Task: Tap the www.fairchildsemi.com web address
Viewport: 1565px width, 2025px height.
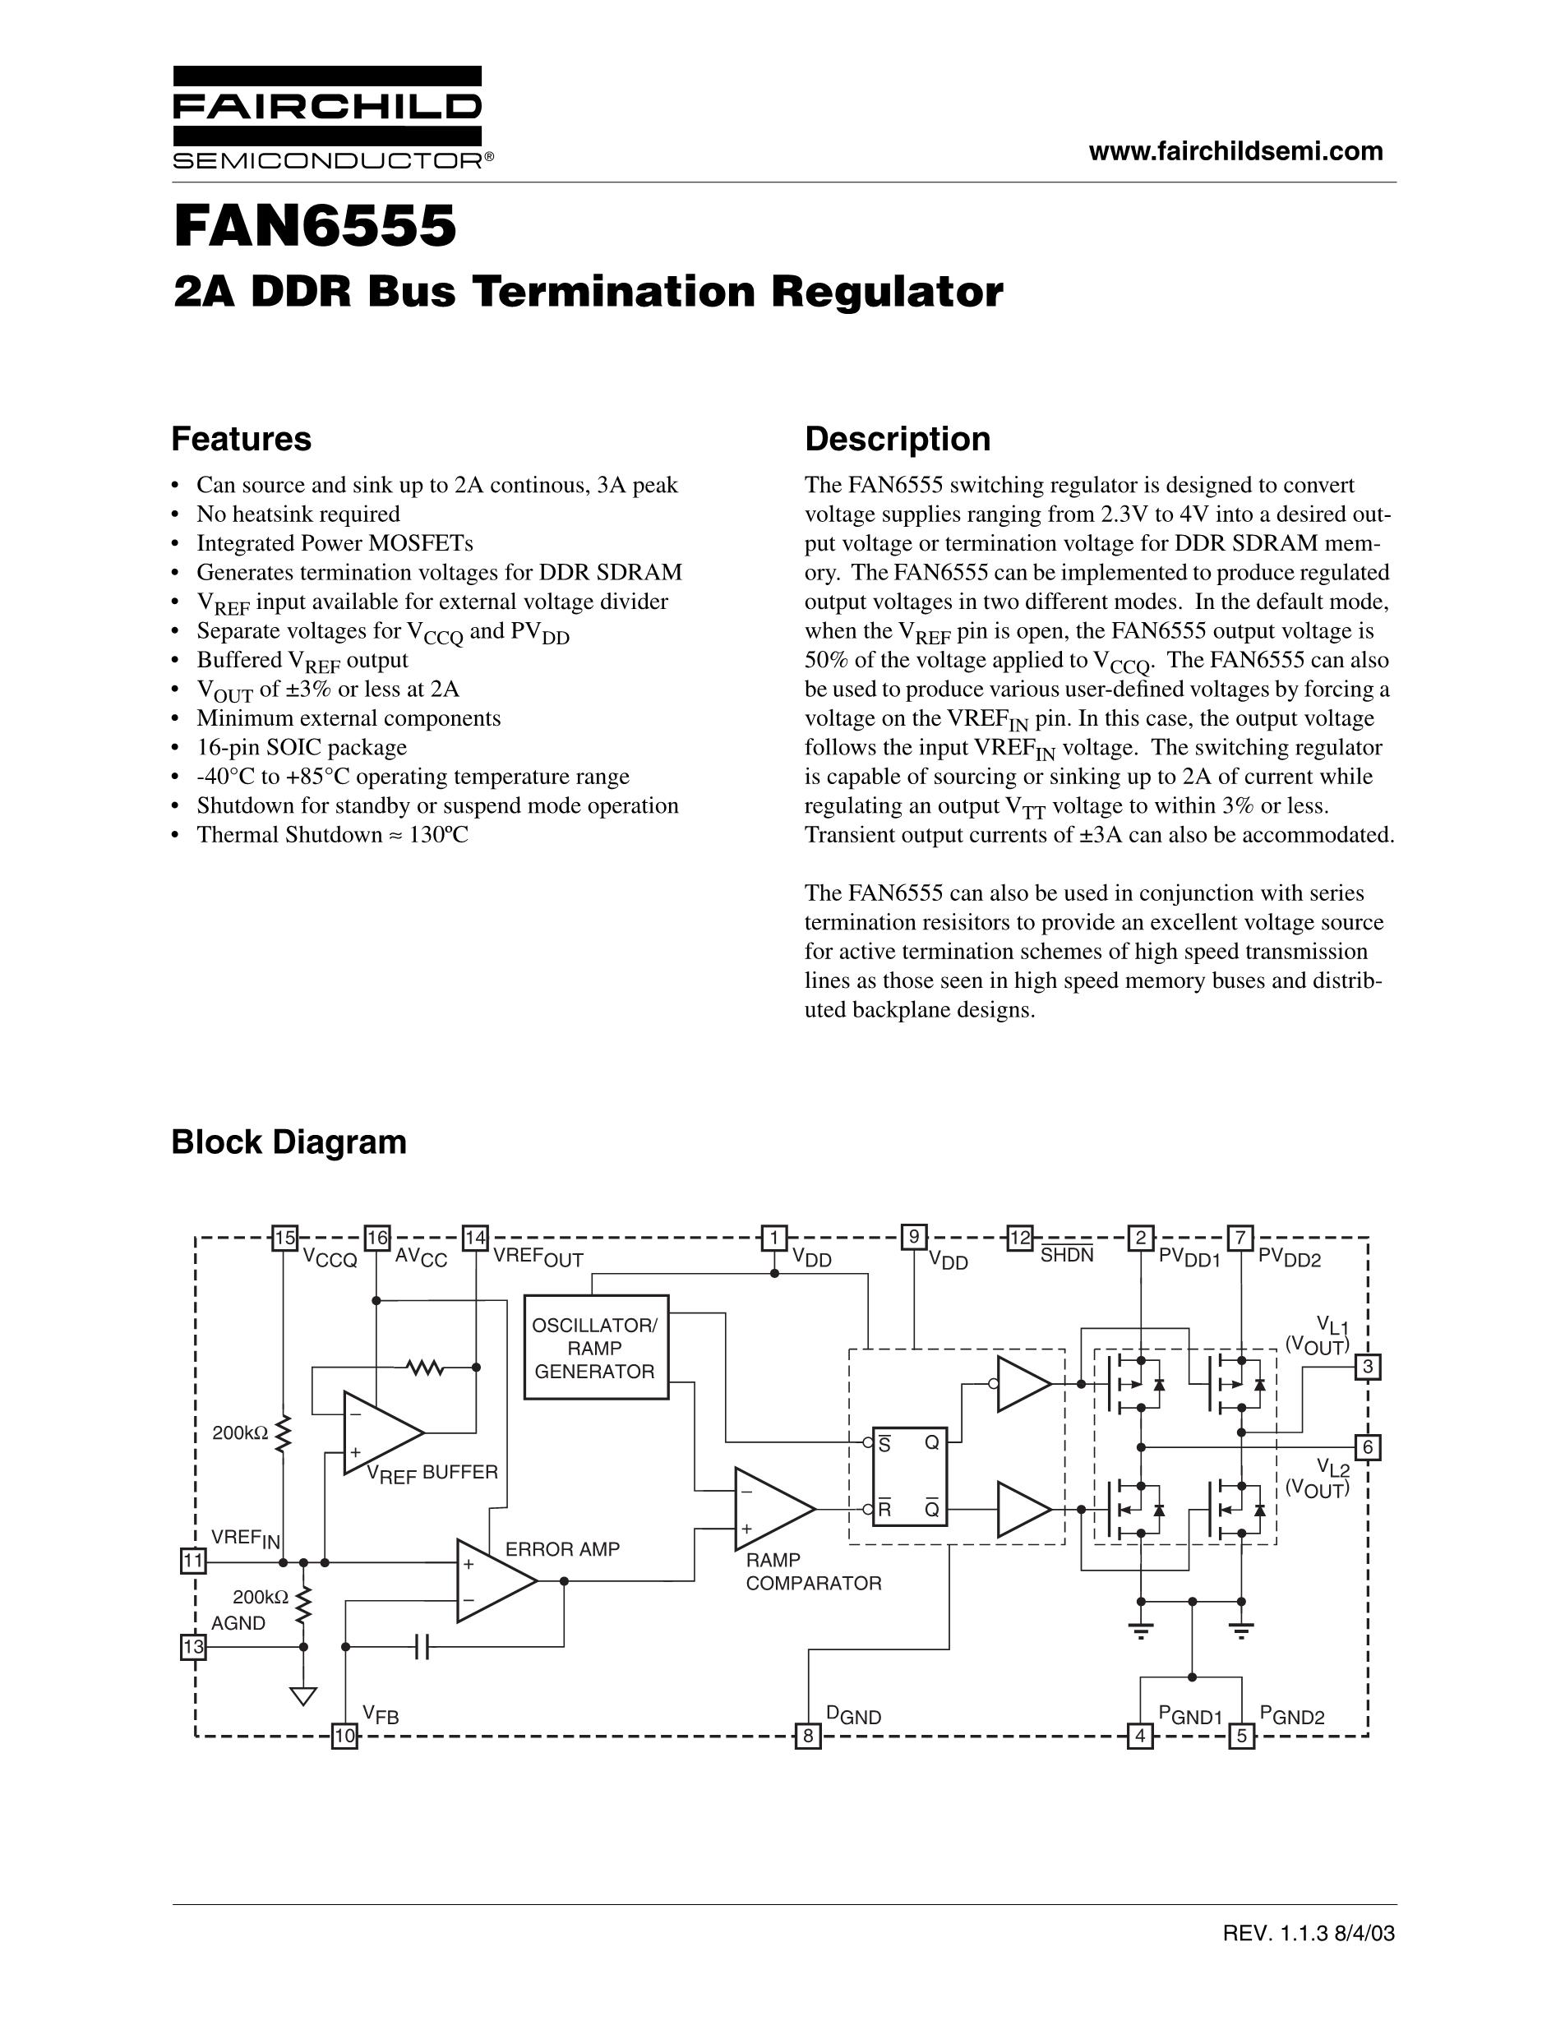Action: [x=1236, y=151]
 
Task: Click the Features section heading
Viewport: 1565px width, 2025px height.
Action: [x=241, y=439]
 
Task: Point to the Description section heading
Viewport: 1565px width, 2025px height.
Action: [x=898, y=439]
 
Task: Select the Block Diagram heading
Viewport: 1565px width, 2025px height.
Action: [x=289, y=1142]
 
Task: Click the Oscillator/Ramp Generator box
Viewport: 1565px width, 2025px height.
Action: [x=595, y=1347]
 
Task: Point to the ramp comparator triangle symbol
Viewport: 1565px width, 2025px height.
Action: [x=775, y=1509]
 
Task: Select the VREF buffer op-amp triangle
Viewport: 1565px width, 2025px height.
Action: [x=384, y=1432]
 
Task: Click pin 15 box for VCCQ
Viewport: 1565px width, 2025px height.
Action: [x=284, y=1238]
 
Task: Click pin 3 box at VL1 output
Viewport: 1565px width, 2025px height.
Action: [x=1368, y=1367]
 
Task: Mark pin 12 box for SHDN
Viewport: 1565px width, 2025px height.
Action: [x=1020, y=1238]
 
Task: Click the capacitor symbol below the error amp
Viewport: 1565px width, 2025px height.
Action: [x=422, y=1647]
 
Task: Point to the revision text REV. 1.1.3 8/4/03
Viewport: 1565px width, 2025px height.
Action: [x=1309, y=1933]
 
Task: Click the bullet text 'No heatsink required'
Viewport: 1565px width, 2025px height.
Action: [x=298, y=514]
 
